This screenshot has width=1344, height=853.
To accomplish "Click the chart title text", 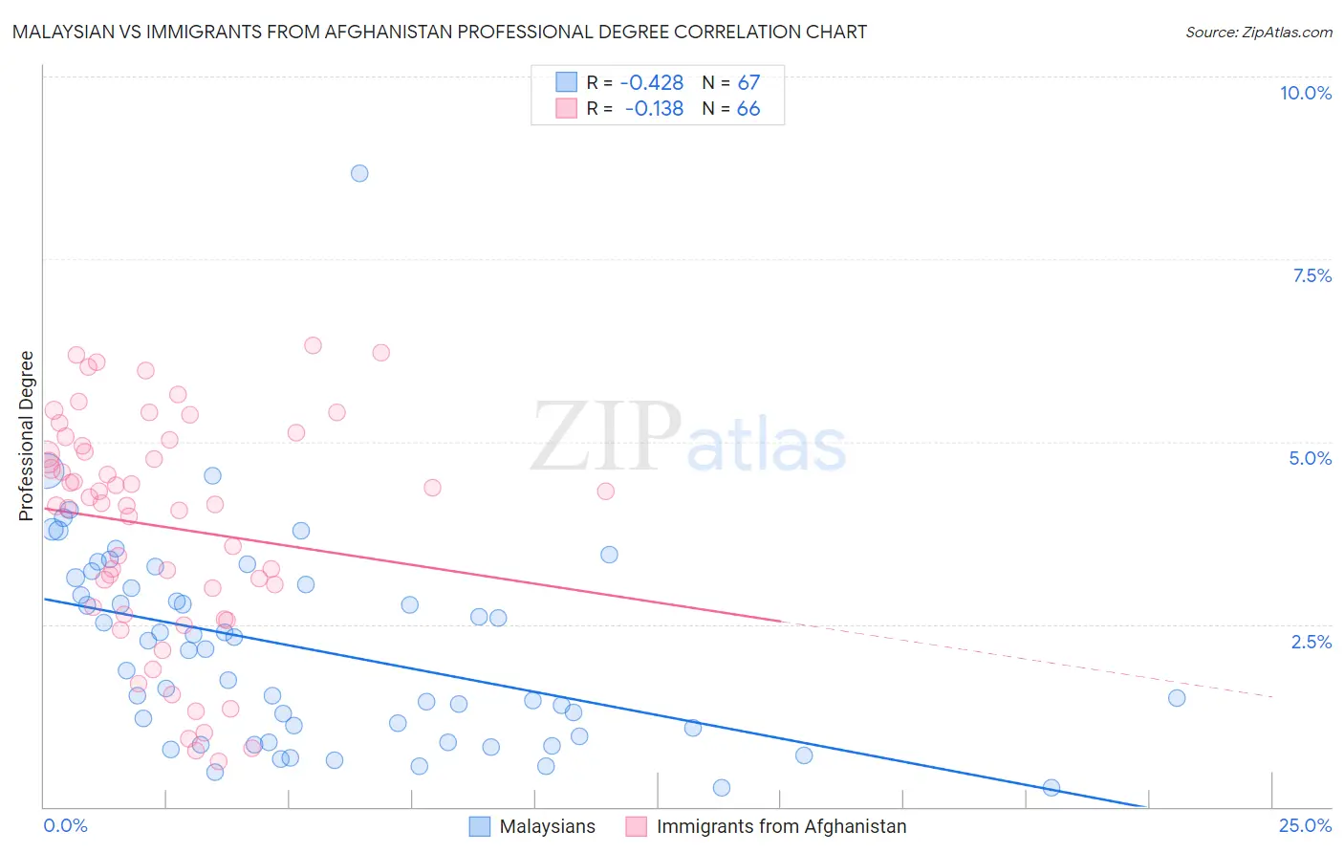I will (440, 32).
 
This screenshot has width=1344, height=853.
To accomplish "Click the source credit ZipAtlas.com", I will (1258, 33).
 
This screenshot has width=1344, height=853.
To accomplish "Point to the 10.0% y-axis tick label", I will (1305, 93).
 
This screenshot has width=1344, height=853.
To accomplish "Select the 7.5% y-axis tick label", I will (1311, 275).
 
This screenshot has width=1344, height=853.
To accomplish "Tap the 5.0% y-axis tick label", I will (1310, 458).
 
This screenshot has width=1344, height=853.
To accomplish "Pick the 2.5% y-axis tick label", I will (1311, 642).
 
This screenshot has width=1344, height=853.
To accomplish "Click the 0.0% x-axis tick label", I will (65, 825).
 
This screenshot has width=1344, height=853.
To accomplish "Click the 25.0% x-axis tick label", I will (1305, 825).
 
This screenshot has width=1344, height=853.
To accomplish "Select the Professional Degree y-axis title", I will (26, 436).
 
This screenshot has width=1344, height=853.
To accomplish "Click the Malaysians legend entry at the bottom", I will (547, 826).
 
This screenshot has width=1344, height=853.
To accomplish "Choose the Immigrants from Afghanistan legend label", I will (781, 826).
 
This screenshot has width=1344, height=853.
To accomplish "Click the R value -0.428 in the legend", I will (652, 83).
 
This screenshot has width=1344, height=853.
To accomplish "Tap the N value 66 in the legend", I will (748, 109).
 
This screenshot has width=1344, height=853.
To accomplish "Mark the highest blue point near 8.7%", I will (359, 173).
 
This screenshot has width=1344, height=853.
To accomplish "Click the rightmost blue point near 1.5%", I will (1177, 698).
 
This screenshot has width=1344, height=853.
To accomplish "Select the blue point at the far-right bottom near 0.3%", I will (1051, 788).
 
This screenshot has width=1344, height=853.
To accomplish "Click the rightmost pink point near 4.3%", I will (605, 492).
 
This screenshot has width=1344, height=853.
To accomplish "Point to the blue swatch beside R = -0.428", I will (566, 82).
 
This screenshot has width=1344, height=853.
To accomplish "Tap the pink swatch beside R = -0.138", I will (566, 108).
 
